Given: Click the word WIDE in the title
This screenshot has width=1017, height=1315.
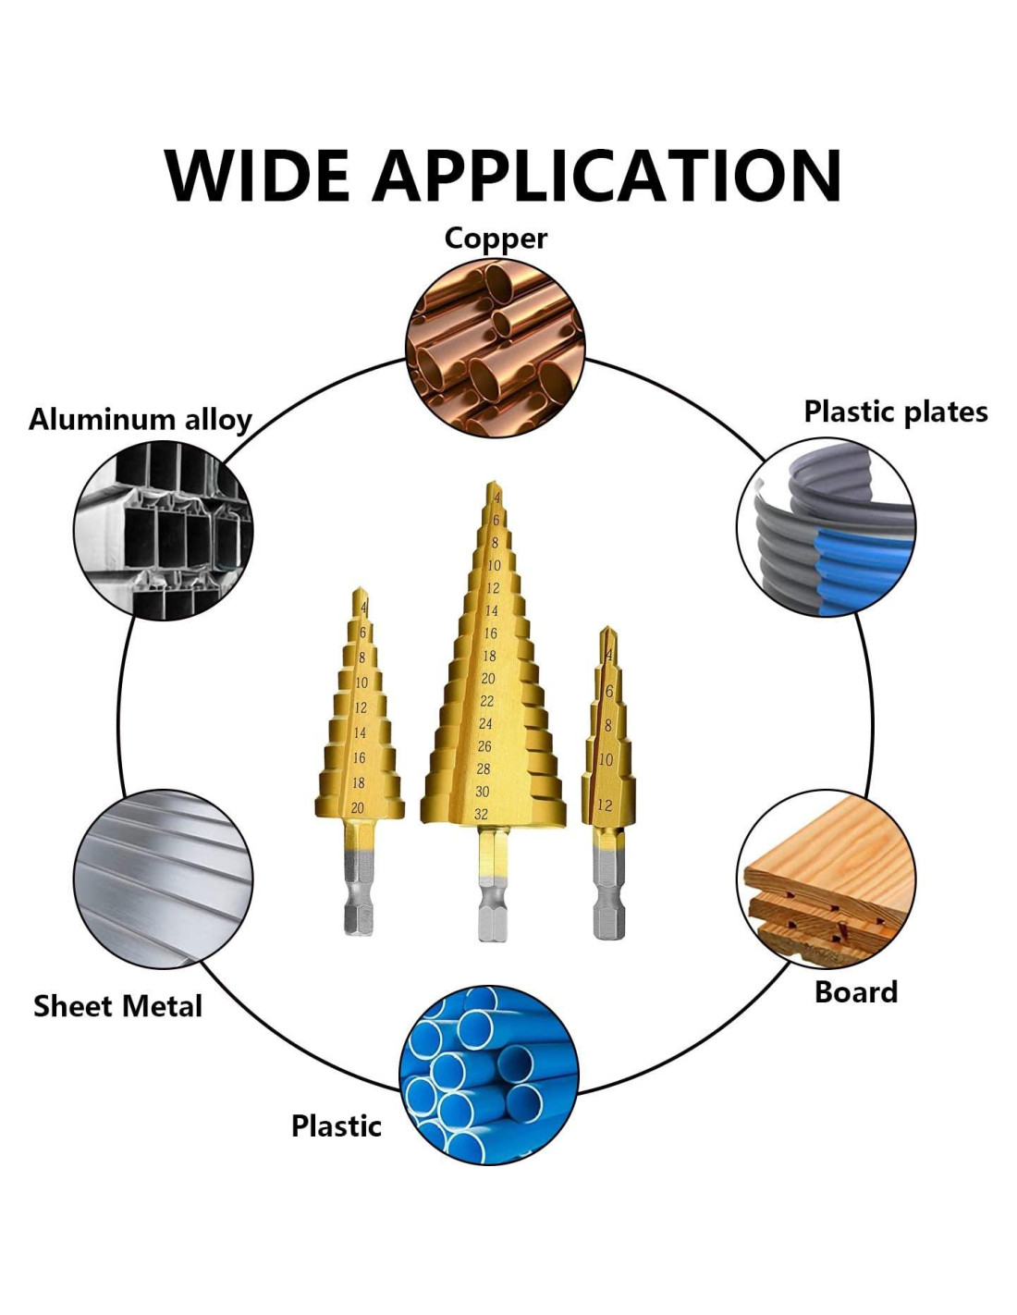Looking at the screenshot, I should point(257,175).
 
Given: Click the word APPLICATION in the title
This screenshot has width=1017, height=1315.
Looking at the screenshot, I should point(607,175).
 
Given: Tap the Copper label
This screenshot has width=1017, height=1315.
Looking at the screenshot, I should point(496,238).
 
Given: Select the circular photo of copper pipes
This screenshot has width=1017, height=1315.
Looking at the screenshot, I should point(496,348).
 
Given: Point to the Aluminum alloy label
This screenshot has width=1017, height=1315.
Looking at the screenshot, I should point(141,420).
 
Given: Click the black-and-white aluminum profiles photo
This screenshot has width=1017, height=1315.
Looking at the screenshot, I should point(164,530).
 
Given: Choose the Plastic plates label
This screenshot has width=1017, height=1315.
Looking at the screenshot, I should point(895,412).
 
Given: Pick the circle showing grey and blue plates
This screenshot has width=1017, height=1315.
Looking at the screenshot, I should point(826,527).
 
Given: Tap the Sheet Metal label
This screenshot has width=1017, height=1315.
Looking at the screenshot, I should point(117,1006).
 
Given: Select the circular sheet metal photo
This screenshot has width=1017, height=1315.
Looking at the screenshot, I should point(163,879).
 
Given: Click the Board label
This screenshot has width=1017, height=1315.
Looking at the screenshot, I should point(855,992).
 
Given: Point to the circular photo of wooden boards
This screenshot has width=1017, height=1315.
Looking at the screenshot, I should point(826,879).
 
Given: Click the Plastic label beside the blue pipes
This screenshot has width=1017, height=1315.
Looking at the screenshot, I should point(336,1126).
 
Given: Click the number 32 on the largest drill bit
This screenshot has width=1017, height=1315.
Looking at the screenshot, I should point(481,815).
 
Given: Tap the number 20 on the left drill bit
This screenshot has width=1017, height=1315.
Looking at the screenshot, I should point(358,808).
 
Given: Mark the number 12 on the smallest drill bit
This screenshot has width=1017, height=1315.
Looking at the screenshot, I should point(605,805).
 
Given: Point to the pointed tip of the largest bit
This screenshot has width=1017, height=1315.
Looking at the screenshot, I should point(493,486).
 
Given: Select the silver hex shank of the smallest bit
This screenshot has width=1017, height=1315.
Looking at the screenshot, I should point(607,902).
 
